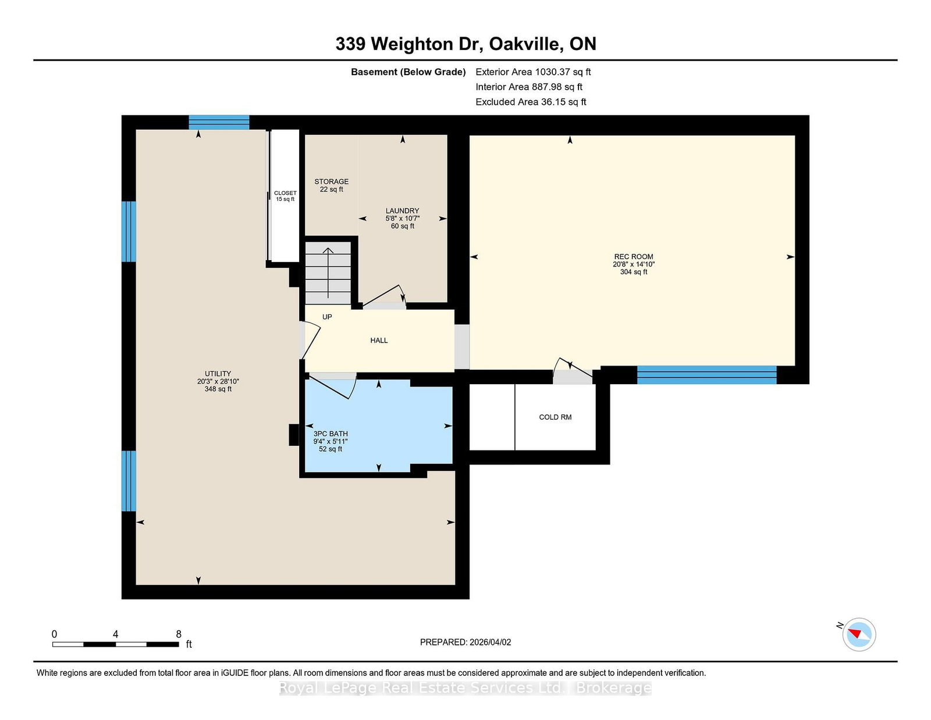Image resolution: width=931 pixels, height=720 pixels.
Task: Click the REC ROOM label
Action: point(633,257)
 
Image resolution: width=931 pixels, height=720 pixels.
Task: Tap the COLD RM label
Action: point(555,417)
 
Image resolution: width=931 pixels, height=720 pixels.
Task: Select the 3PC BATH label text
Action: point(331,434)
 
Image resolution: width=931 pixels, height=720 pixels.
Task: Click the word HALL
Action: point(379,341)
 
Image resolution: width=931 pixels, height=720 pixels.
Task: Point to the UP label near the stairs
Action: point(327,317)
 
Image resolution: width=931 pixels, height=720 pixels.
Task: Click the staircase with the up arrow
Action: point(328,272)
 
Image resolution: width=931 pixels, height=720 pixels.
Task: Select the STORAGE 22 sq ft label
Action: point(331,185)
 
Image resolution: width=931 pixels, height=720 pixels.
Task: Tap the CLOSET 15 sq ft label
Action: point(285,196)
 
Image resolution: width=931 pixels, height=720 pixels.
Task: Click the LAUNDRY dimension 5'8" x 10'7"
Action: point(402,218)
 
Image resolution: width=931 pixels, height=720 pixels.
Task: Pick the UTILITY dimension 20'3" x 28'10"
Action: point(218,381)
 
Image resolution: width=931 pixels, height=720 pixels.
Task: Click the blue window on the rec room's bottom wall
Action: point(706,375)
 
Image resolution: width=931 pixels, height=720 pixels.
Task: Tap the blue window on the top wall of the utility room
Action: point(219,122)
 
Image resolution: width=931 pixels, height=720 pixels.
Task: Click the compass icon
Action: point(859,634)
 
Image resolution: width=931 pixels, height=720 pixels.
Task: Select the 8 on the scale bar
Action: point(179,634)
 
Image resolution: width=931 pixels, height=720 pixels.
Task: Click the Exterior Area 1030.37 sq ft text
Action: point(532,72)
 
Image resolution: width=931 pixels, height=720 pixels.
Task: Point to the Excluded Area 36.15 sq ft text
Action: point(530,102)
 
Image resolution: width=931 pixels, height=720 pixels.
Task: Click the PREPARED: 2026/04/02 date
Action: point(465,642)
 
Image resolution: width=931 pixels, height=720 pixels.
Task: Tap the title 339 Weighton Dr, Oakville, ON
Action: point(465,44)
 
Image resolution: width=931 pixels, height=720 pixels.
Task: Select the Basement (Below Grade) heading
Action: point(408,72)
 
